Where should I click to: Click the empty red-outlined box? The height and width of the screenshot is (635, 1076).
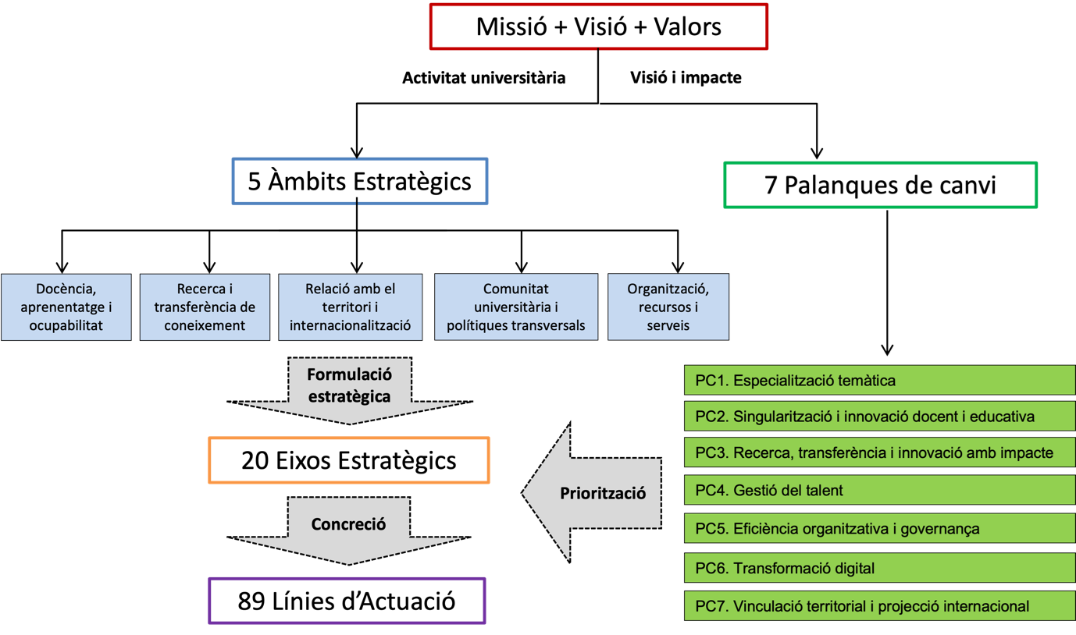(x=599, y=27)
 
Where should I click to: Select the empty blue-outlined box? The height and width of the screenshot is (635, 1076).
(x=360, y=181)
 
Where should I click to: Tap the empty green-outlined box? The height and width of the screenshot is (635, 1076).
(x=881, y=185)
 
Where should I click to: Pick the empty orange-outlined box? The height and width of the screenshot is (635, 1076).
(x=349, y=460)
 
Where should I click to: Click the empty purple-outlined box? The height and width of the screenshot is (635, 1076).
(x=347, y=601)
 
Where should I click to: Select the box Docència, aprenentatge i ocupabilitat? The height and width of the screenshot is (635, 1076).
(x=66, y=307)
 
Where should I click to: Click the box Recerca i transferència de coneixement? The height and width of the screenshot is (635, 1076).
(x=205, y=307)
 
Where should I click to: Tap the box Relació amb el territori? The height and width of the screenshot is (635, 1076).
(x=350, y=307)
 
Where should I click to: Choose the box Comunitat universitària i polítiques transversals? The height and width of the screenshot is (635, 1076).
(x=515, y=307)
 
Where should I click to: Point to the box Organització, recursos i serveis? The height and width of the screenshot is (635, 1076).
(x=668, y=307)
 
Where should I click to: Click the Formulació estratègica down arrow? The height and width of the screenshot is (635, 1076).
(x=349, y=388)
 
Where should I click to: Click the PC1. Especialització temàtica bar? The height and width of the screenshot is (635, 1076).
(x=879, y=381)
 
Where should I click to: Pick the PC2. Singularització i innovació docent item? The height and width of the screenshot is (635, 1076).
(x=879, y=417)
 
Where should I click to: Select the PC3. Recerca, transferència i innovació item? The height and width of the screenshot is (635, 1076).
(x=879, y=452)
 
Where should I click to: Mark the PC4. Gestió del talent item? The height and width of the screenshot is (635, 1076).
(x=879, y=491)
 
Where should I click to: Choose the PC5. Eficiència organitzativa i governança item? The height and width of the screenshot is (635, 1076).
(x=879, y=529)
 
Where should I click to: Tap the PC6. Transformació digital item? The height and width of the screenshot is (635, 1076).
(x=879, y=568)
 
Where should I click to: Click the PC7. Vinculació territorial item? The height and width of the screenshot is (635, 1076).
(x=879, y=606)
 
